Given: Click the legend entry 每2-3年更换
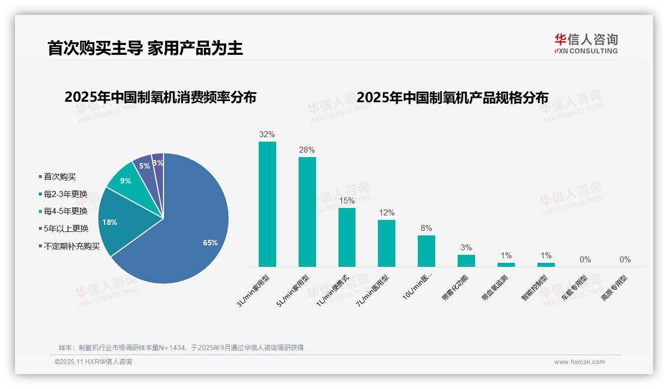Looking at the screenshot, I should (x=65, y=194).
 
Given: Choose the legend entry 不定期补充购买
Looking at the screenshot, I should (x=71, y=246).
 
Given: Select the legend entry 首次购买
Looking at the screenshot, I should (x=59, y=177).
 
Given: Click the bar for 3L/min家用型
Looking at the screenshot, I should (x=267, y=204).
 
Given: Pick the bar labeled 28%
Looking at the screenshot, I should (x=307, y=212).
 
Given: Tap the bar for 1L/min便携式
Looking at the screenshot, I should (x=347, y=237).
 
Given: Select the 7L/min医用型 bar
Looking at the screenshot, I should (x=386, y=243).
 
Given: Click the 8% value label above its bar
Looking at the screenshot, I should (x=426, y=228).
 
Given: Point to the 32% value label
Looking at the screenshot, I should (x=267, y=134).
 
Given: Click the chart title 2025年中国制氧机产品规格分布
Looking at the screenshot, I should (x=452, y=97).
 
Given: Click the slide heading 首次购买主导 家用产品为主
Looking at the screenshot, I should (x=145, y=48).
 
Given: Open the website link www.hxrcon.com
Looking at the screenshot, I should (x=579, y=362).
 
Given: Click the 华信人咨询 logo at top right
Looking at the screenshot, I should (x=586, y=43).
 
